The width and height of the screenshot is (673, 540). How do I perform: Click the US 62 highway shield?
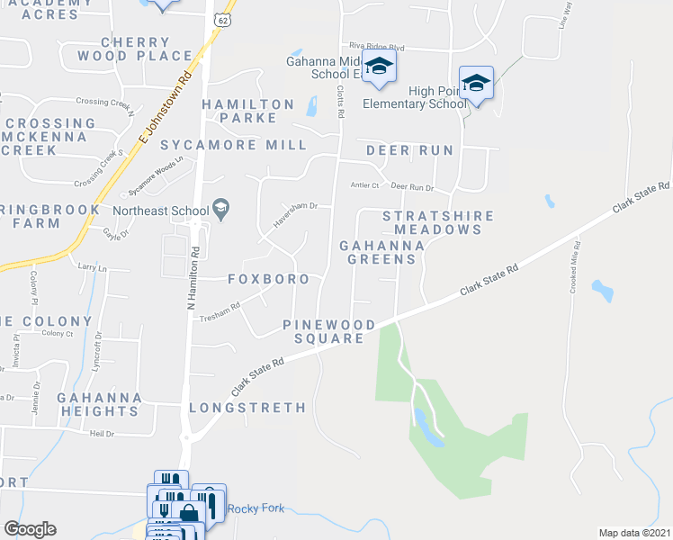[x=220, y=18]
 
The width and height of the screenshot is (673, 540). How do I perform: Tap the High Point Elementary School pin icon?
[x=475, y=84]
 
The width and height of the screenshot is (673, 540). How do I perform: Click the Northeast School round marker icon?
[x=220, y=211]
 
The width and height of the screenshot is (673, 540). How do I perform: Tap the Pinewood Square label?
[x=324, y=330]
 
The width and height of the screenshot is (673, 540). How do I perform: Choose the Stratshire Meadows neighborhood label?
[x=438, y=222]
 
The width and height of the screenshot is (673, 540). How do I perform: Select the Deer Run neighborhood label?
[x=408, y=148]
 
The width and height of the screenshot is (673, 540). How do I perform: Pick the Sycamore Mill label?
[x=233, y=145]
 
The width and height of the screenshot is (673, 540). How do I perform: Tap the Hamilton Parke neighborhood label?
[x=247, y=111]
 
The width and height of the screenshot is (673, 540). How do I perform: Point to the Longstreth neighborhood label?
[x=247, y=408]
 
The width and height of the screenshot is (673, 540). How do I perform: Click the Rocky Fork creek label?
[x=256, y=508]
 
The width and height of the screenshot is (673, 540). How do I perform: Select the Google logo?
[x=31, y=529]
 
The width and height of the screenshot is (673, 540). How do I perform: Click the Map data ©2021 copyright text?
[x=633, y=533]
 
